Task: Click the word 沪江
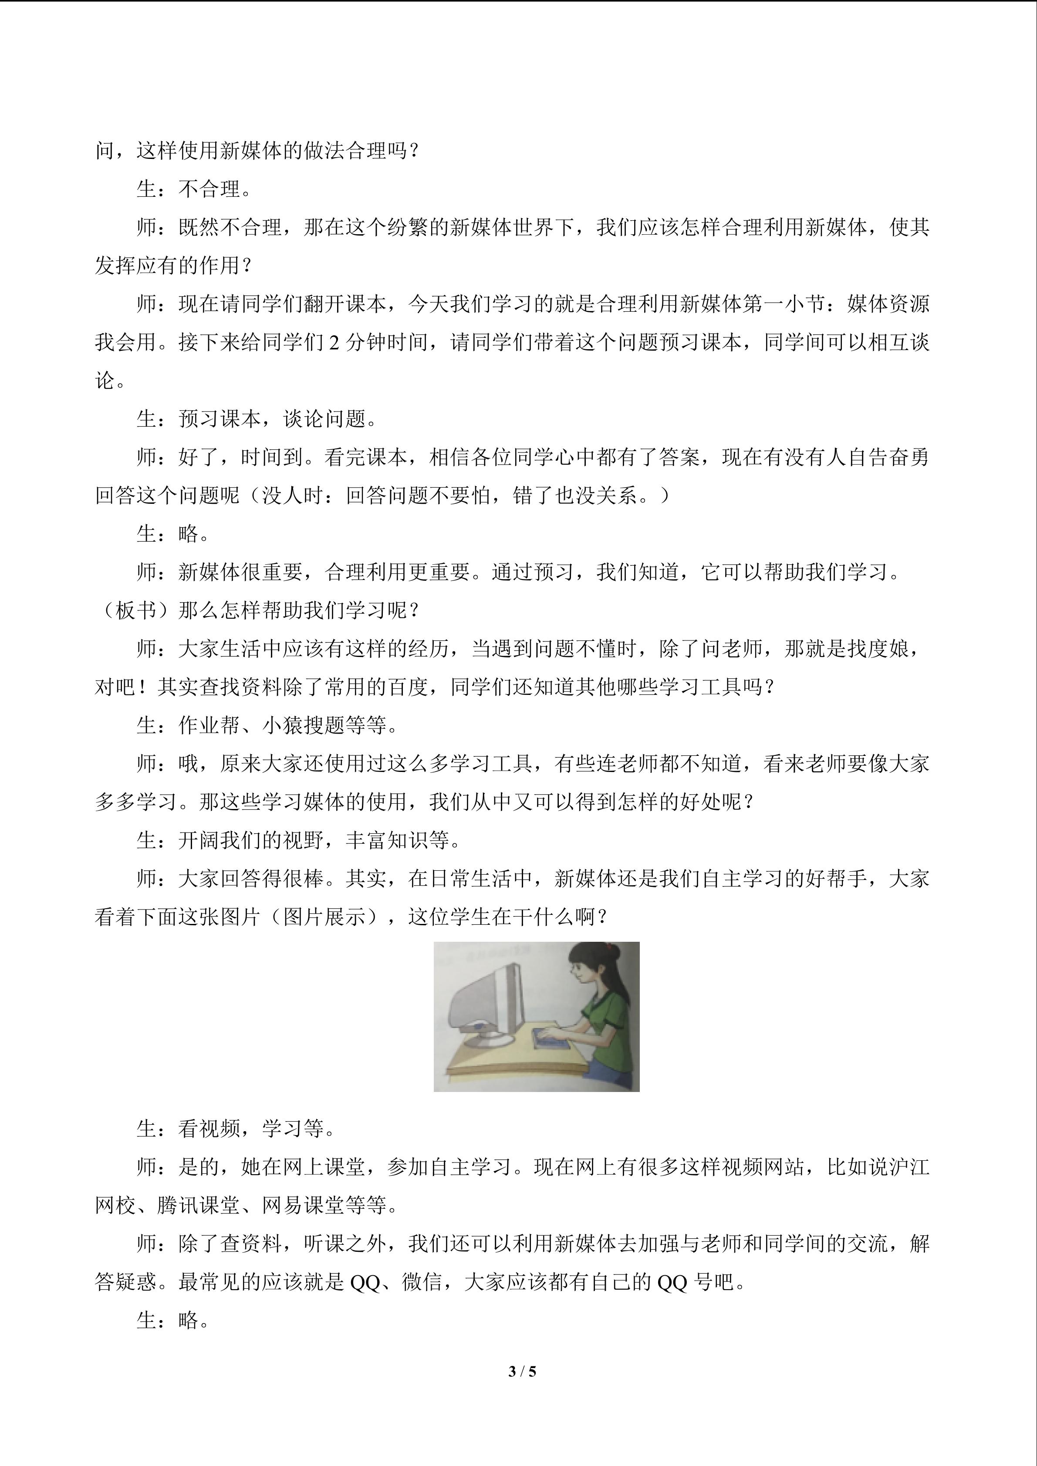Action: pyautogui.click(x=909, y=1167)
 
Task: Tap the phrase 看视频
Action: pyautogui.click(x=209, y=1129)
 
